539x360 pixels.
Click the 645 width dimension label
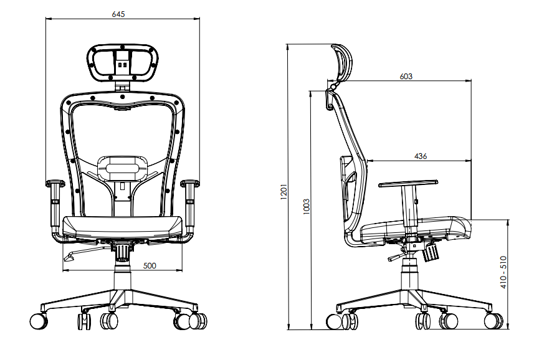click(x=118, y=14)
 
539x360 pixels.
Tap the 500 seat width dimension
click(x=150, y=265)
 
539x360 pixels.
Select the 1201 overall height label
click(x=284, y=192)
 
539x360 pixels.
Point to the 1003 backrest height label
click(x=307, y=207)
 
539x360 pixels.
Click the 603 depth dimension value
click(x=406, y=76)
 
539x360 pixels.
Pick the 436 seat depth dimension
click(x=421, y=156)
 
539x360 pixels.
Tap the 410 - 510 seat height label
click(x=503, y=272)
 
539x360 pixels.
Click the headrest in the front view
click(x=122, y=63)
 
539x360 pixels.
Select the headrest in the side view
click(x=341, y=62)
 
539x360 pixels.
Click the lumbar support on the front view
click(x=122, y=168)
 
